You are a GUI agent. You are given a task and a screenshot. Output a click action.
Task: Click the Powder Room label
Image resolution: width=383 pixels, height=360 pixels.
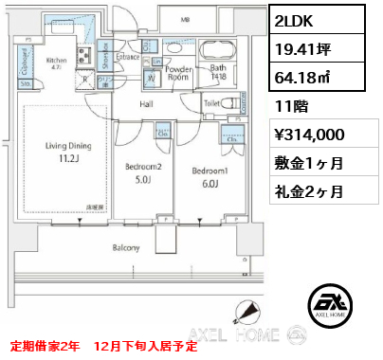[179, 72]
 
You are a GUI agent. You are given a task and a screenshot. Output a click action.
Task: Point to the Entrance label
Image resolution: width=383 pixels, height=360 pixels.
[128, 58]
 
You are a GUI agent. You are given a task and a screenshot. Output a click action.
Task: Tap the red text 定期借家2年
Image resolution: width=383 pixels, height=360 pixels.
[47, 346]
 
